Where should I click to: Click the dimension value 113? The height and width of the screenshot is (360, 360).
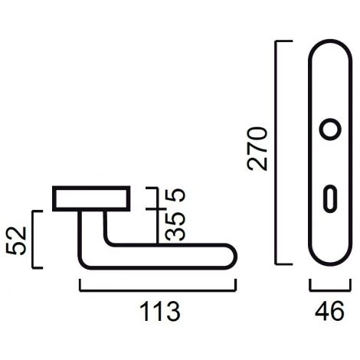(x=160, y=312)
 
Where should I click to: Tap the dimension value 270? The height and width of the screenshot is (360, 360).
(x=257, y=149)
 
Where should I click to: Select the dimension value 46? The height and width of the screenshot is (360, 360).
(x=329, y=311)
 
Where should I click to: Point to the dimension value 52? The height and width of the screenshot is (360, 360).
(x=16, y=241)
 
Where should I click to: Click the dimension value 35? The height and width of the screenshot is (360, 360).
(x=175, y=227)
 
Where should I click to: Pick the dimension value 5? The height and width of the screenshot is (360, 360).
(x=175, y=195)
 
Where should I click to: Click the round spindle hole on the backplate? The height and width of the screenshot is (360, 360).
(x=330, y=129)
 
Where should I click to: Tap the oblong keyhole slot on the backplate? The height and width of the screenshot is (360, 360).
(x=330, y=198)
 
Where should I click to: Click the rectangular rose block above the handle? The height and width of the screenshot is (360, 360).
(x=91, y=198)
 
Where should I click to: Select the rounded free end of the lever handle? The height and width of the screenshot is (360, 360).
(x=232, y=257)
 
